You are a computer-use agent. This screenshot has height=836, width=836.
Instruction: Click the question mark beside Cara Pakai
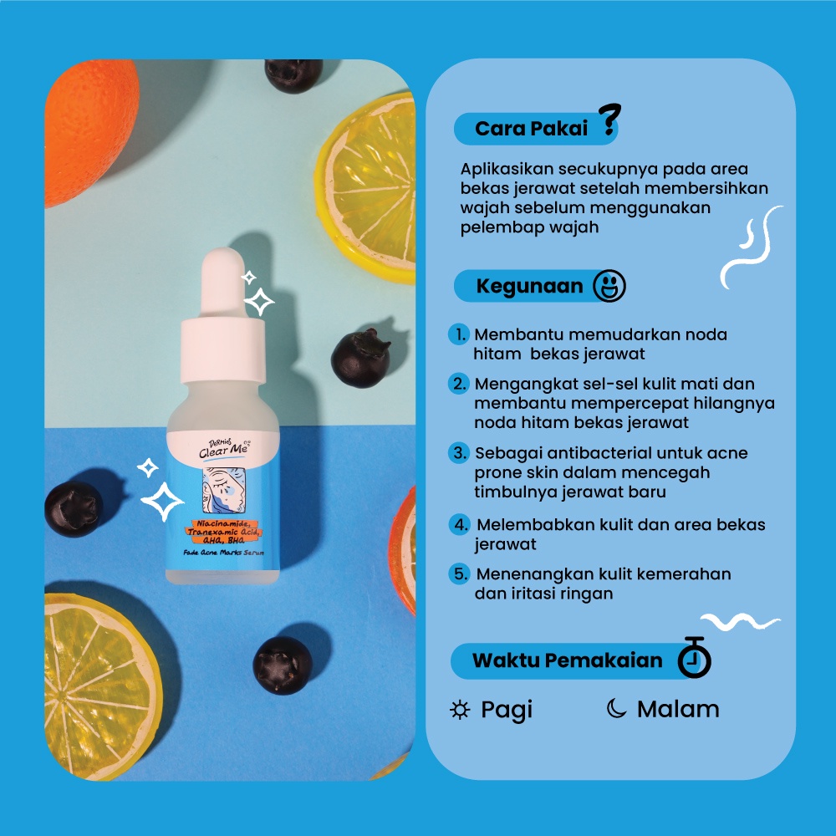tap(611, 122)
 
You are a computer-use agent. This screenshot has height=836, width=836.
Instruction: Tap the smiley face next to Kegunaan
tap(609, 286)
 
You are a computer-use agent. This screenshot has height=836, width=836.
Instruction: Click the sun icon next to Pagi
tap(460, 710)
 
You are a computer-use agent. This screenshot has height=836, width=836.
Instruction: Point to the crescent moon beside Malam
tap(616, 709)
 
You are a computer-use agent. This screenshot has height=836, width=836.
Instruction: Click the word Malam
tap(678, 709)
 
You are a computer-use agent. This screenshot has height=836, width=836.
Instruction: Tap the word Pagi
tap(507, 710)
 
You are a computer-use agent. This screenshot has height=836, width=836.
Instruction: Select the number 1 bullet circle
tap(459, 334)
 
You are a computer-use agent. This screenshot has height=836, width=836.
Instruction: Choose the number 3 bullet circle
tap(459, 453)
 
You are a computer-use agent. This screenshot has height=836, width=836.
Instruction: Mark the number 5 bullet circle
tap(459, 574)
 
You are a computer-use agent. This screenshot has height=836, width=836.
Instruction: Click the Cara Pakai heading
tap(531, 129)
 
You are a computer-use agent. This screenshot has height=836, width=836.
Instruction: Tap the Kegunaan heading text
tap(529, 286)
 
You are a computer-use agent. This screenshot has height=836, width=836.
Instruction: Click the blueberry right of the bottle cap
tap(360, 358)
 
